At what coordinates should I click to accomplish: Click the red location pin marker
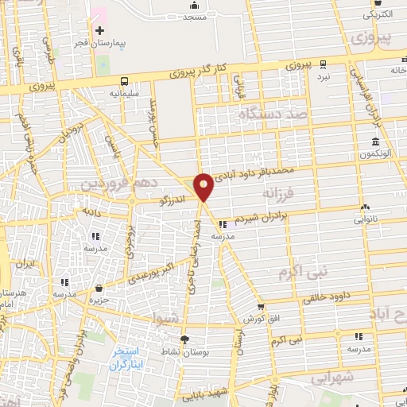coord(204,186)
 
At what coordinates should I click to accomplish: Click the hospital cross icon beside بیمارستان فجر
coord(99,31)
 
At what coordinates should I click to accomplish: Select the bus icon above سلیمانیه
coord(125,81)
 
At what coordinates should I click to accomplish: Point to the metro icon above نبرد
coord(322,65)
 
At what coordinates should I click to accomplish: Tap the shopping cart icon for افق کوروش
coord(261,308)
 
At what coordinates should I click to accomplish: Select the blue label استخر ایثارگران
coord(126,357)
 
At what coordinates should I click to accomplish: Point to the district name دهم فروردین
coord(108,184)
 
